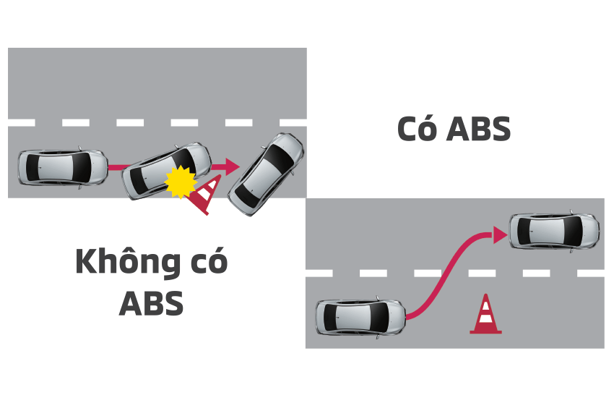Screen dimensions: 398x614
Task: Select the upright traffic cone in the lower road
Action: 485,315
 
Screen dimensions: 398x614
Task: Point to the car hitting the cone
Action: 165,171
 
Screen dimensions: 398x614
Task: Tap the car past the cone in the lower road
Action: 555,231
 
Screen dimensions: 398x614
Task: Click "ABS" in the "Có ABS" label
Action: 477,129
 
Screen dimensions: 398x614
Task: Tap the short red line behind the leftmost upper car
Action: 115,168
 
